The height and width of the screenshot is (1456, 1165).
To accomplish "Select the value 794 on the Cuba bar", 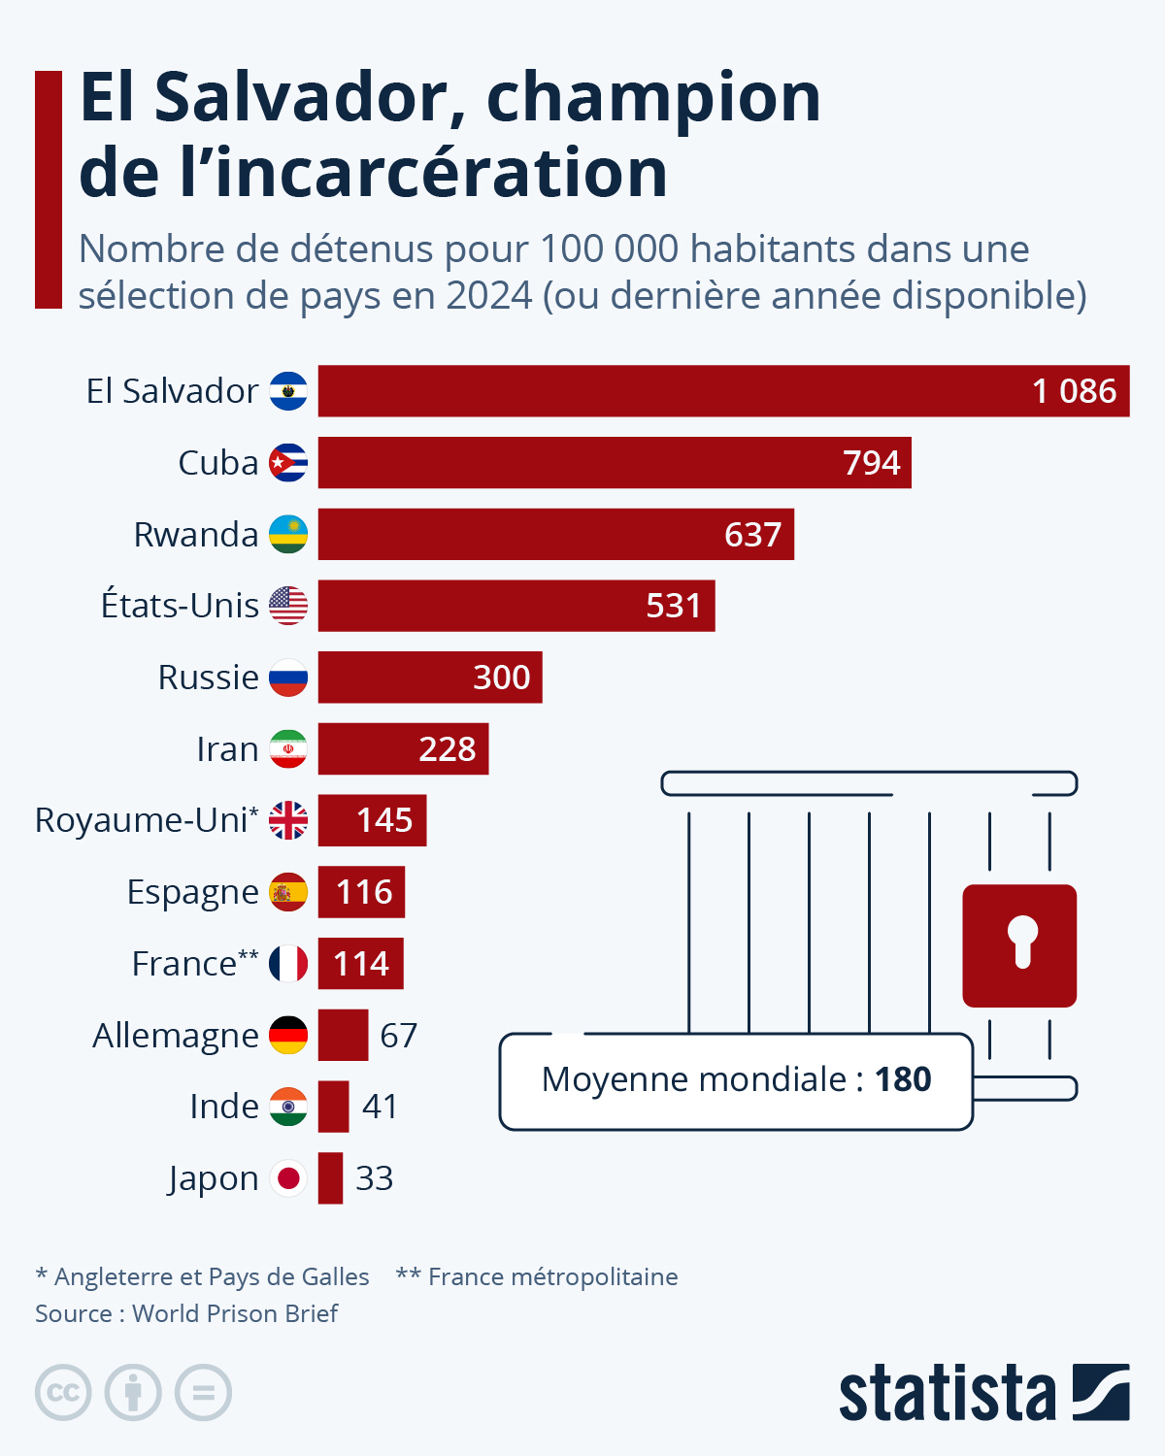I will (871, 463).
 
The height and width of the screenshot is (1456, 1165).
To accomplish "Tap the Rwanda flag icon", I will (288, 535).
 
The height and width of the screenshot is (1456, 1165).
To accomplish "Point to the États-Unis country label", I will (180, 606).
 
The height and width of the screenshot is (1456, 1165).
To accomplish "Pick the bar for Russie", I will (429, 678).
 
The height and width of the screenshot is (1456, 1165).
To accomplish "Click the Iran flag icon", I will (288, 749).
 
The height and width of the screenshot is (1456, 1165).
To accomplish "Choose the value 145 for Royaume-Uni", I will (384, 821).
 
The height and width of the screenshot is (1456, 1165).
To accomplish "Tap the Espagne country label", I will (192, 892).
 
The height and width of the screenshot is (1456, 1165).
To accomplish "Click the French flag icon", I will (288, 964).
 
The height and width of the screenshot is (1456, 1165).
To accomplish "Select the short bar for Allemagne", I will (343, 1035).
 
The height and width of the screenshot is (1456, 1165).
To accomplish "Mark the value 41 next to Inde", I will (380, 1107).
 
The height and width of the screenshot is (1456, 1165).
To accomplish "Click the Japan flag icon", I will (288, 1178).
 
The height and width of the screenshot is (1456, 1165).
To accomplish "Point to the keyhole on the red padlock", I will (1021, 940).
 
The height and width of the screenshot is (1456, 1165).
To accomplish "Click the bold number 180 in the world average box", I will (903, 1079).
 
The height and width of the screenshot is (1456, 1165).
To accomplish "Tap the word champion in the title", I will (653, 97).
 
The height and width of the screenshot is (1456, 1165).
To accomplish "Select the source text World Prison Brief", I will (235, 1313).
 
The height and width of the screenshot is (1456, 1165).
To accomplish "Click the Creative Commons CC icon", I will (63, 1393).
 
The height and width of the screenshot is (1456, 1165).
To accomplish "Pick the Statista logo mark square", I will (1101, 1393).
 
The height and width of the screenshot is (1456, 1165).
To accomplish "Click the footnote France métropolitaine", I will (552, 1276).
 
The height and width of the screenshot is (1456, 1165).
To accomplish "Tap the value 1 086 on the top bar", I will (1074, 391).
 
